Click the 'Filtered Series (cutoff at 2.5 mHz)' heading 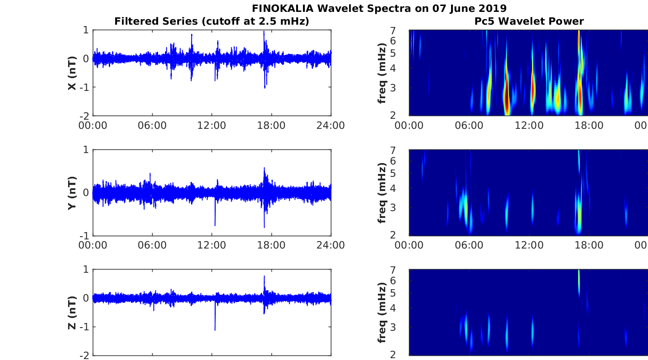(x=212, y=21)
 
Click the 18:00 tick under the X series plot (x=271, y=125)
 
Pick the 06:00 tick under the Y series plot (x=152, y=245)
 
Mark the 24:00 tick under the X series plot (x=331, y=125)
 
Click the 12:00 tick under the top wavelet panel (x=529, y=125)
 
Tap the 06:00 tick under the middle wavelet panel (x=469, y=245)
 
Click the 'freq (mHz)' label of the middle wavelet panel (x=382, y=192)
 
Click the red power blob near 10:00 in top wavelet (x=506, y=98)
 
